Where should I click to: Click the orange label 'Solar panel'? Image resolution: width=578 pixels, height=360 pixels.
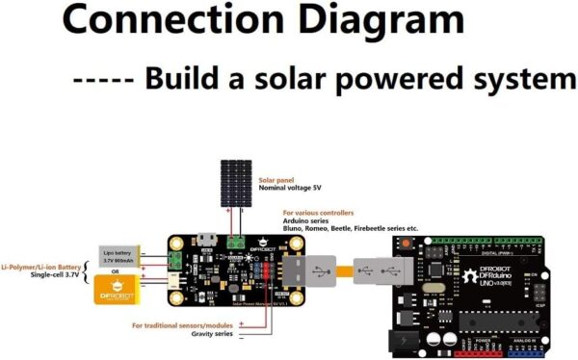tap(277, 180)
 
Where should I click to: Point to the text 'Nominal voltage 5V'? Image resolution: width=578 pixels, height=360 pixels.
tap(293, 189)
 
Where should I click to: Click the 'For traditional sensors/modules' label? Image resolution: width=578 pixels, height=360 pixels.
tap(183, 325)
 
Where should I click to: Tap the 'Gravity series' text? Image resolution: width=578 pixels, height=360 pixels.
tap(212, 334)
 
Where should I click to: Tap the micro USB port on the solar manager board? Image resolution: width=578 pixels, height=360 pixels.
tap(205, 239)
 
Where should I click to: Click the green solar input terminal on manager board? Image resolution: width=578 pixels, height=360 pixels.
tap(234, 241)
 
